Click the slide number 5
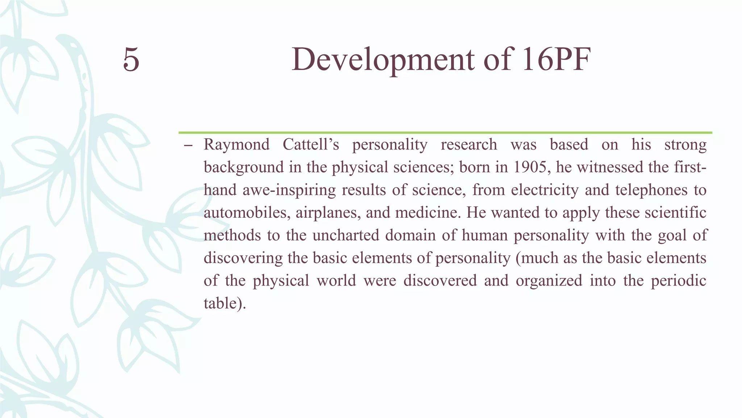(x=131, y=60)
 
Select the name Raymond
(x=236, y=145)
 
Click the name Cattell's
(x=310, y=145)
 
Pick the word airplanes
(x=328, y=213)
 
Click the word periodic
(x=678, y=281)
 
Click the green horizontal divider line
(x=445, y=133)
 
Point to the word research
(x=468, y=145)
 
